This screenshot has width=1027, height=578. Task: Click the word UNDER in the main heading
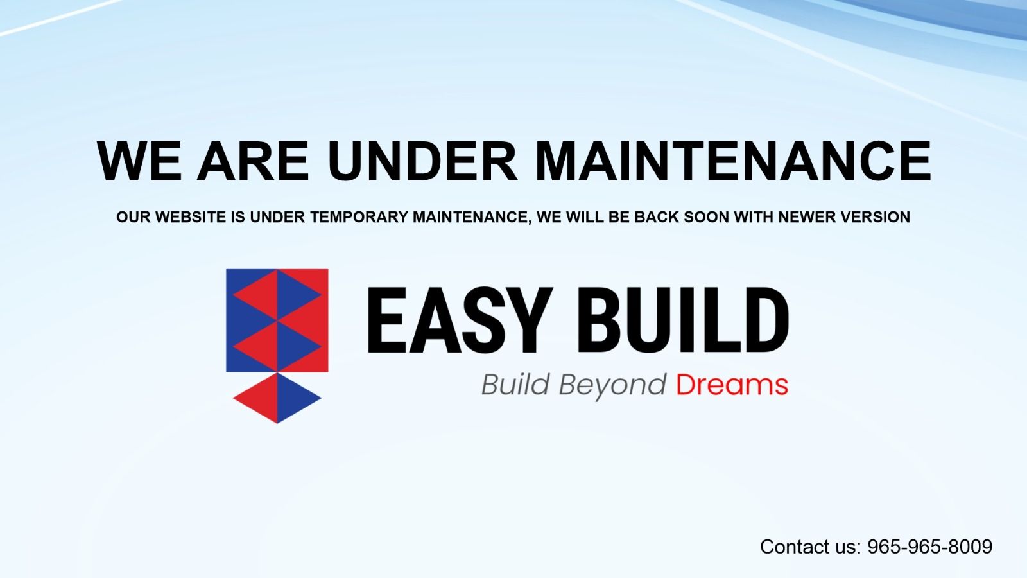coord(422,161)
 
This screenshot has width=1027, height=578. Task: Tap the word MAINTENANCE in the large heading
coord(732,161)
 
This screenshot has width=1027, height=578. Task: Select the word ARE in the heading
coord(253,161)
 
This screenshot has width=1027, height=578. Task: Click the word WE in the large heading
coord(139,161)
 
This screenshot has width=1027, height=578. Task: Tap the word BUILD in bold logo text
coord(683,320)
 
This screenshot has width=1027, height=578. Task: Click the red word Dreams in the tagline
coord(732,385)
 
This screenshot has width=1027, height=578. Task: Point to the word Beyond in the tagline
coord(612,386)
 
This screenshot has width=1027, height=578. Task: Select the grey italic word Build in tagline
coord(515,384)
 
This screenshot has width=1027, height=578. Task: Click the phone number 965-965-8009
coord(930,547)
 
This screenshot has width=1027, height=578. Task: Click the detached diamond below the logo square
coord(277,398)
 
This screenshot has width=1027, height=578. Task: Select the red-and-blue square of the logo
coord(277,320)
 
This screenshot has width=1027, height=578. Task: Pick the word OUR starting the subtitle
coord(134,217)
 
